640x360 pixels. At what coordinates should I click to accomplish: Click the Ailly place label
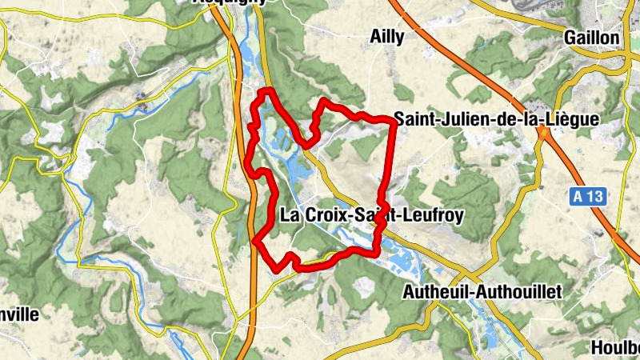(x=388, y=36)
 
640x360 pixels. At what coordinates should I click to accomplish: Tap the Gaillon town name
(x=591, y=38)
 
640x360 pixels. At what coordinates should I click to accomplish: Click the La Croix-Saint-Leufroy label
(x=372, y=214)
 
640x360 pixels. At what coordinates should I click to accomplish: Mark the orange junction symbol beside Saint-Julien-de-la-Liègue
(x=543, y=132)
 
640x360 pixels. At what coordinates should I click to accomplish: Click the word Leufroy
(x=435, y=214)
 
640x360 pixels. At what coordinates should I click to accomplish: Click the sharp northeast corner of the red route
(x=394, y=121)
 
